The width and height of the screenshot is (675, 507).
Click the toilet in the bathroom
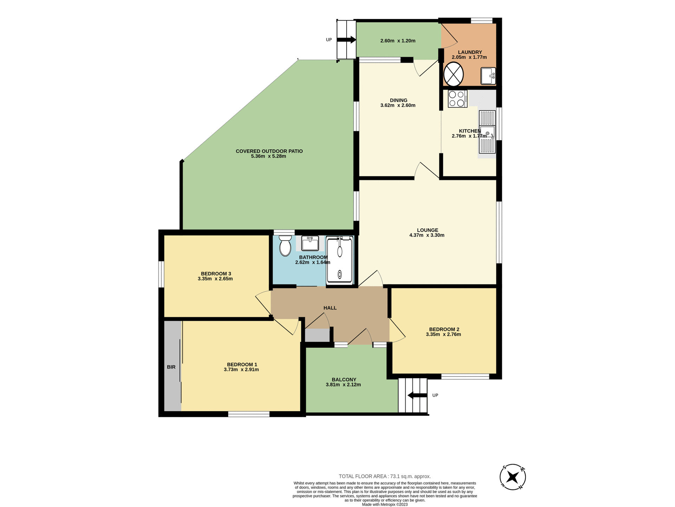285,246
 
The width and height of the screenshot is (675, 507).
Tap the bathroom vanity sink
310,243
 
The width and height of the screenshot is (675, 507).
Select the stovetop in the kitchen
457,99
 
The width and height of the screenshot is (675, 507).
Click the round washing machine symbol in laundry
454,74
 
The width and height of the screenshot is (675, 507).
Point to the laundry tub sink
488,76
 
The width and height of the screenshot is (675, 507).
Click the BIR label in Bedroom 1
171,367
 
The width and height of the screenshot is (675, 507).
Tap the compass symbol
513,477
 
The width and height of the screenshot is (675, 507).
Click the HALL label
330,308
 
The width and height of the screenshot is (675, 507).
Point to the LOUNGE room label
427,230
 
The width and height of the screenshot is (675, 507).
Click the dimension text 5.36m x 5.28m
269,156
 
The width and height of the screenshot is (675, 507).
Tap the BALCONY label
344,380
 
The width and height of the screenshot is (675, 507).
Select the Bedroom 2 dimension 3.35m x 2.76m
443,334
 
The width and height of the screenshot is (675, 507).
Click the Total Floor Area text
385,476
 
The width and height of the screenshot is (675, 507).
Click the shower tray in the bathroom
340,261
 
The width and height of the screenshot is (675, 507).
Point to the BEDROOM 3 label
216,274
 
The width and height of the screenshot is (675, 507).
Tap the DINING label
398,100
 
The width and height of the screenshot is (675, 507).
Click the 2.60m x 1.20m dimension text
398,41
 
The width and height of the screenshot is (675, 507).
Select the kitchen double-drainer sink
487,132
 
